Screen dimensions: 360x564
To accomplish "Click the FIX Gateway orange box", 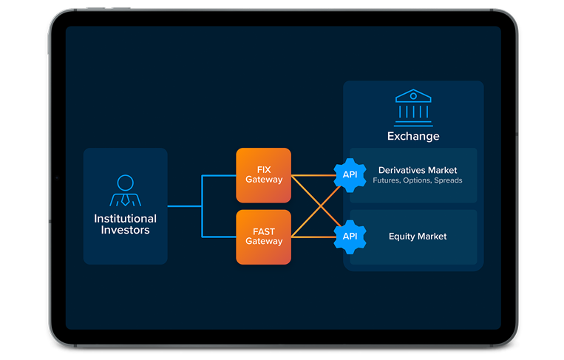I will (263, 175).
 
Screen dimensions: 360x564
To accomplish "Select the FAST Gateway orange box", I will (263, 237).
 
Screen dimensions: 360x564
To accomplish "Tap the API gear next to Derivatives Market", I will (349, 175).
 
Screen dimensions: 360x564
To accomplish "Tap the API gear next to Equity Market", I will (349, 237).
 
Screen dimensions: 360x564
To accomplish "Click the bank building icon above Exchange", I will (413, 107).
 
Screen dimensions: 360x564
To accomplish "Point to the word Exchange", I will (413, 136).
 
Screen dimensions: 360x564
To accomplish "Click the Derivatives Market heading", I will (418, 171).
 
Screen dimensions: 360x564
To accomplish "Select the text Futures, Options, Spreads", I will (418, 181).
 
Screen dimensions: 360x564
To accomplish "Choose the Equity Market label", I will (418, 237).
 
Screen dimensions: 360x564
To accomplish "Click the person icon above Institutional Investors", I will (125, 191).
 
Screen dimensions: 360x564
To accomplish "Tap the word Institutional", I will (125, 219).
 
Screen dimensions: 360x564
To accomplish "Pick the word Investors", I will (125, 230).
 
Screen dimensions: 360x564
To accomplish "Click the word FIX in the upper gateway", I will (264, 170).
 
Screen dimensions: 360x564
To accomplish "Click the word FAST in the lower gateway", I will (264, 231).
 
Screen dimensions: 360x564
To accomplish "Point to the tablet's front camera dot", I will (57, 178).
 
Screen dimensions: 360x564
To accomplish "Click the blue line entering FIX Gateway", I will (220, 176).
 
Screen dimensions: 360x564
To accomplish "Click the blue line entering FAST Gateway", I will (220, 237).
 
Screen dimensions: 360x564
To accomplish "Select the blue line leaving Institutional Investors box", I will (184, 206).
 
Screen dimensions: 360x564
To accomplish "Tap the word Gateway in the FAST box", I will (264, 242).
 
